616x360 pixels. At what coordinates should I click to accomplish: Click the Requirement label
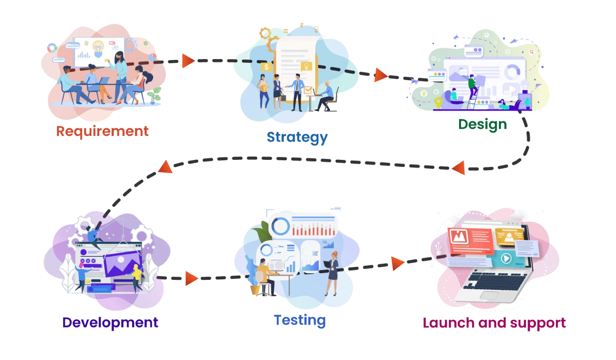pos(103,131)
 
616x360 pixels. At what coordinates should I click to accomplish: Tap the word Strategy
pos(297,137)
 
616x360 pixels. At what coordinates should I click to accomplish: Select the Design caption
pos(482,125)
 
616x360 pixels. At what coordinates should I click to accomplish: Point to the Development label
pos(110,322)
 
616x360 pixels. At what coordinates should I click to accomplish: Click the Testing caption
pos(300,320)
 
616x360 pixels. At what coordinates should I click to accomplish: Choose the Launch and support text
pos(494,322)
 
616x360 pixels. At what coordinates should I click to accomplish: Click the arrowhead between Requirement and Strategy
pos(187,61)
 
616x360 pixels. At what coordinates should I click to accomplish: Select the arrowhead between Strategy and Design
pos(380,75)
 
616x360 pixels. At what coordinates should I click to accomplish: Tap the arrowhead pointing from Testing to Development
pos(191,278)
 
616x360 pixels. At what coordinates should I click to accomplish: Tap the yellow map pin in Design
pos(438,102)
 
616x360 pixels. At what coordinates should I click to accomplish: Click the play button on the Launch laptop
pos(505,258)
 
